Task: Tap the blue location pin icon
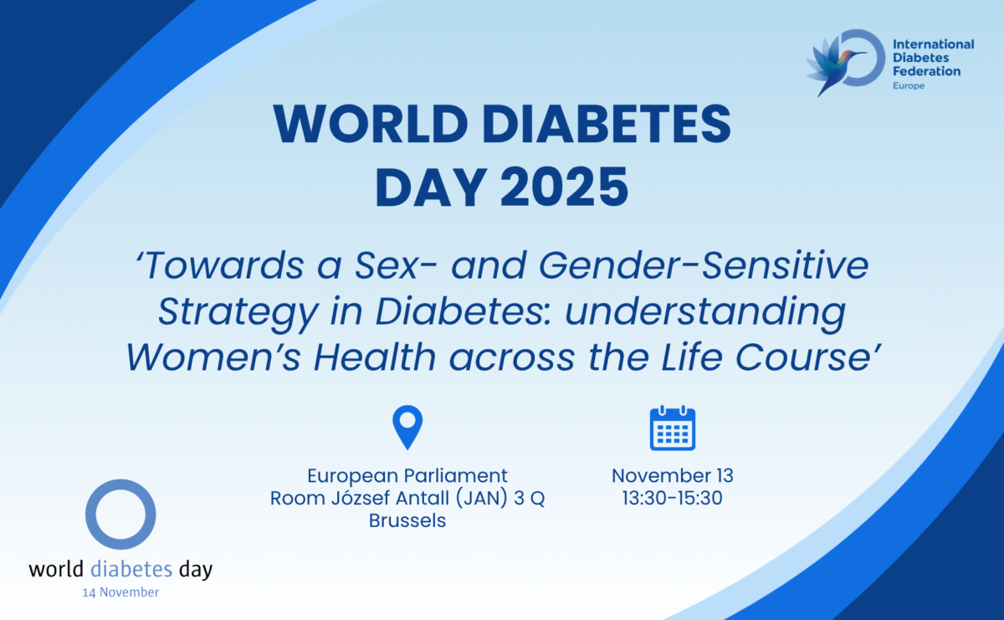click(407, 428)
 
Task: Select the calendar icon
click(673, 428)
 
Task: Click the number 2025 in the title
click(564, 187)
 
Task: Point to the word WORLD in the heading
click(371, 124)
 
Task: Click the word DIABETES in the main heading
click(607, 124)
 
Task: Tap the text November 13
click(673, 475)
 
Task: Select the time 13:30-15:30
click(673, 498)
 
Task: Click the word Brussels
click(407, 521)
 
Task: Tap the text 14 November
click(120, 592)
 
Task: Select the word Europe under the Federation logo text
click(909, 85)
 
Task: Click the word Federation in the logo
click(926, 71)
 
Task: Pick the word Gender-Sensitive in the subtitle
click(704, 266)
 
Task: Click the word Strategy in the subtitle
click(238, 312)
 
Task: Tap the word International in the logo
click(934, 44)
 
